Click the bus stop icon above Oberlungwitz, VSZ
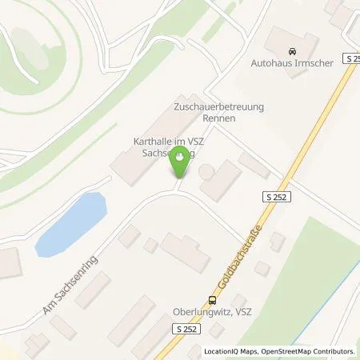(x=212, y=301)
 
